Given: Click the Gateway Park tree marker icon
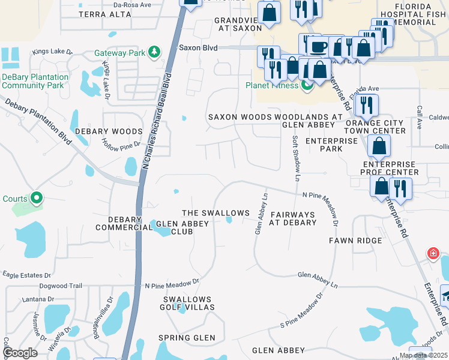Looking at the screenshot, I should [155, 53].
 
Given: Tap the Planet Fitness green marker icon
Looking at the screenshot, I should [307, 86].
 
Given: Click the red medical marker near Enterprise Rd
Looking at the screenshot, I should [433, 253].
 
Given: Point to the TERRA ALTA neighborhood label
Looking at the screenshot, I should [104, 14].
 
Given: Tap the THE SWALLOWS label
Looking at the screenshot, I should [215, 213].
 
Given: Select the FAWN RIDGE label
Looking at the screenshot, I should [355, 241].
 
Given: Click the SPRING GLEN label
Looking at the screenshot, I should [187, 338].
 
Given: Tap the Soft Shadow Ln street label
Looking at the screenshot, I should [295, 158].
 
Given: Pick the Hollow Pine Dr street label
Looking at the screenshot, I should [121, 144].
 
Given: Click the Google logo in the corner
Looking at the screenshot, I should [20, 353].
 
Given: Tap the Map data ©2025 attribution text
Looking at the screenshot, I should [423, 356].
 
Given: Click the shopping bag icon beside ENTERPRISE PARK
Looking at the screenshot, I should [379, 145].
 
